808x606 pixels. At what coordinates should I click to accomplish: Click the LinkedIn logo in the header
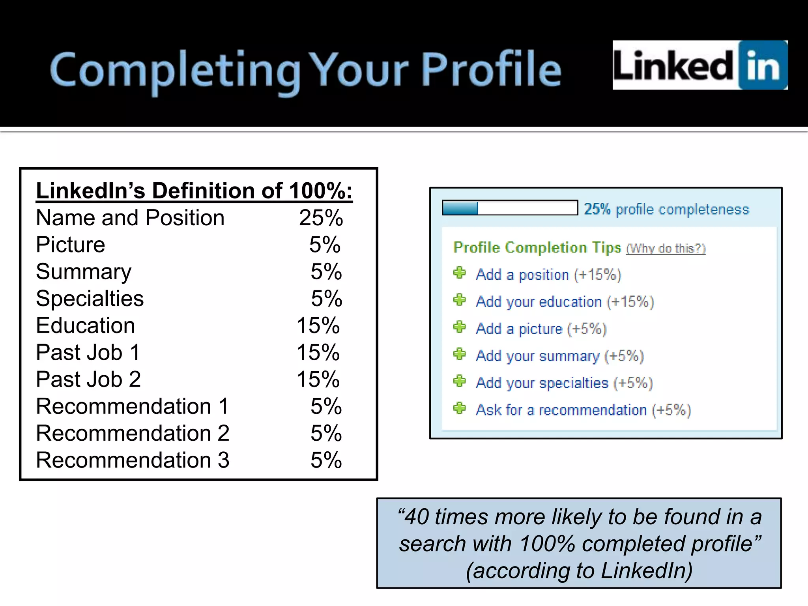pyautogui.click(x=700, y=65)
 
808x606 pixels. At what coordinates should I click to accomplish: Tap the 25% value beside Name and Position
pyautogui.click(x=321, y=218)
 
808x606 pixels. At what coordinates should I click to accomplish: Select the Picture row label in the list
pyautogui.click(x=71, y=245)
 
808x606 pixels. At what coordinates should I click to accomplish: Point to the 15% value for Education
pyautogui.click(x=318, y=326)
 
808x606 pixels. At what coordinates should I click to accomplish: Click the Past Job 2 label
pyautogui.click(x=88, y=380)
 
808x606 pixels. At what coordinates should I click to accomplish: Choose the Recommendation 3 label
pyautogui.click(x=133, y=460)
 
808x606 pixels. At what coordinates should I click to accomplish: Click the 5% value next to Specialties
pyautogui.click(x=326, y=299)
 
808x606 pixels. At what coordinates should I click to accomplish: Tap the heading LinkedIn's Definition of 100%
pyautogui.click(x=194, y=191)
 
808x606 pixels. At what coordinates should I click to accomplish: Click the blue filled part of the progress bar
pyautogui.click(x=460, y=208)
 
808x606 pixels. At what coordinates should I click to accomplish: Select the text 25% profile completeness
pyautogui.click(x=666, y=209)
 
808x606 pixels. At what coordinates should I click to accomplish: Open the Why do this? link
pyautogui.click(x=666, y=249)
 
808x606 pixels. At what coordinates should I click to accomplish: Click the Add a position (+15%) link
pyautogui.click(x=548, y=275)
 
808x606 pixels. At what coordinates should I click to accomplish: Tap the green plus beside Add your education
pyautogui.click(x=459, y=300)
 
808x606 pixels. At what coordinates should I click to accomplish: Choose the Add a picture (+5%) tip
pyautogui.click(x=541, y=329)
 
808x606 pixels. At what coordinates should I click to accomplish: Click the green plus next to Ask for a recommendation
pyautogui.click(x=459, y=408)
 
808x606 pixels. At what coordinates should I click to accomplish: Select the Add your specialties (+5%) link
pyautogui.click(x=564, y=383)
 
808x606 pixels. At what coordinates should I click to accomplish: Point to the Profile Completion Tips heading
pyautogui.click(x=537, y=247)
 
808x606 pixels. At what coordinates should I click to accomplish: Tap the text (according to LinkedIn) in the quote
pyautogui.click(x=579, y=571)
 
